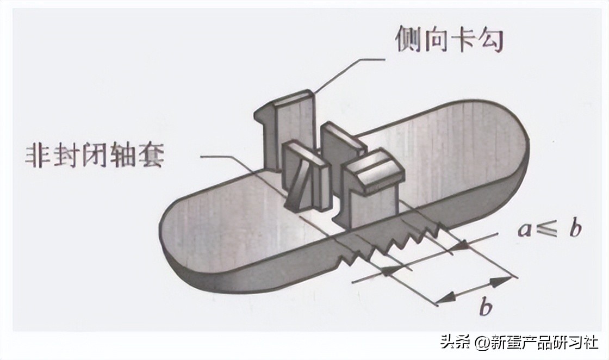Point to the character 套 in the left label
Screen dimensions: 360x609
tap(152, 156)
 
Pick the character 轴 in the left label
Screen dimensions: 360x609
tap(124, 156)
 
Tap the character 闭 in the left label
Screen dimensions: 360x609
tap(96, 156)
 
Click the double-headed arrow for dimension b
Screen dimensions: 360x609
tap(474, 288)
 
